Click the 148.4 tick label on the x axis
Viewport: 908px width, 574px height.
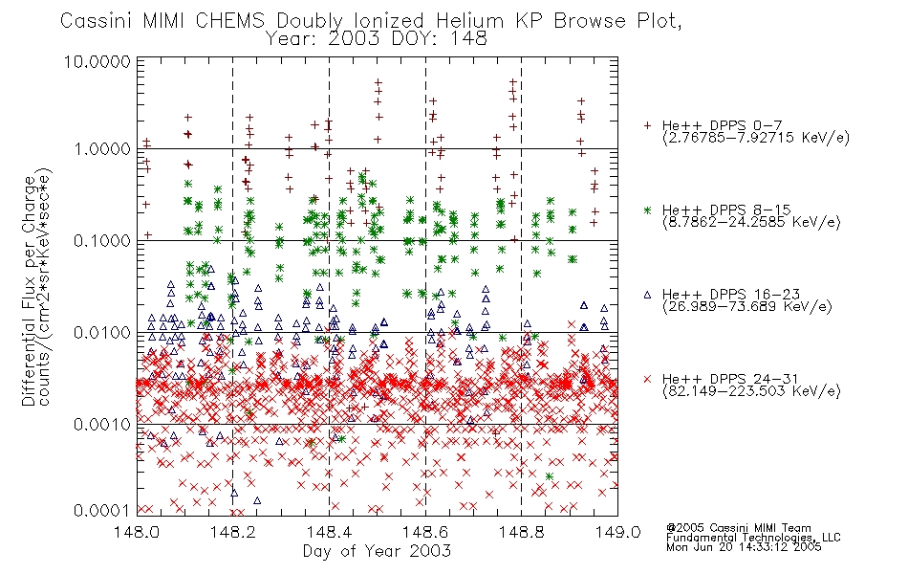tap(330, 532)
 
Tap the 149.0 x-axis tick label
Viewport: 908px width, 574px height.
tap(617, 532)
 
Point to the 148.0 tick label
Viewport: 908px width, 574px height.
tap(137, 532)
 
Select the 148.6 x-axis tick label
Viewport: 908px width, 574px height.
tap(425, 532)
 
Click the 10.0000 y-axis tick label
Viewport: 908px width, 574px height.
tap(97, 61)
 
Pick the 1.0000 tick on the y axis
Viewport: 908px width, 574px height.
tap(102, 149)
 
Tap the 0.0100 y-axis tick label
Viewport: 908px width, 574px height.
tap(102, 333)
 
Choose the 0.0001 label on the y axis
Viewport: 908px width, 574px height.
tap(102, 511)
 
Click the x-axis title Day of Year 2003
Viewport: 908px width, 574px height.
tap(377, 551)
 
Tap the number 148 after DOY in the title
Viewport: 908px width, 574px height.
tap(470, 39)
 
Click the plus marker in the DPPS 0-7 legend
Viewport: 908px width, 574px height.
tap(647, 125)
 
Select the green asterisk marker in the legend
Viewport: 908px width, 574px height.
tap(647, 210)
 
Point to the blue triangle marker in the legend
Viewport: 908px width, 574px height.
tap(647, 295)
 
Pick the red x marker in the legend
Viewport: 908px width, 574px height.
tap(647, 379)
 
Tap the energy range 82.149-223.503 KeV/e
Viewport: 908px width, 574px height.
tap(751, 391)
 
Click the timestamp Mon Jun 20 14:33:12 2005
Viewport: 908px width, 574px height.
tap(744, 547)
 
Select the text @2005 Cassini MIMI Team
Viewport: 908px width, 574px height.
tap(738, 528)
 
